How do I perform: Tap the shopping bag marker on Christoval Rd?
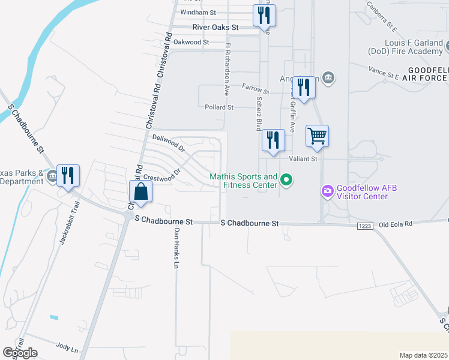point(140,192)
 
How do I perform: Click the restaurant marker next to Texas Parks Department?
point(68,175)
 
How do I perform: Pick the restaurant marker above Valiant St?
point(273,140)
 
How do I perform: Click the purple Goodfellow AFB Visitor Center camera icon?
point(328,191)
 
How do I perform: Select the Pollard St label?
point(218,107)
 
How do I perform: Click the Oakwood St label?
point(191,43)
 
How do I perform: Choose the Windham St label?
point(197,12)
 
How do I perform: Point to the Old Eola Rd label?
point(396,225)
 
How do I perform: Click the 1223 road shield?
point(364,226)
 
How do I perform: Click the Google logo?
point(20,353)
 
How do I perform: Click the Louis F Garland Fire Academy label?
point(414,47)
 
